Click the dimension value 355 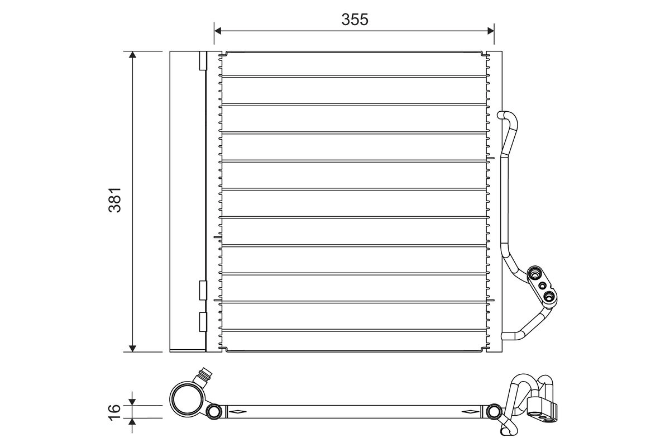(355, 19)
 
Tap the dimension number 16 (115, 410)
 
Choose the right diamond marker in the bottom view (470, 412)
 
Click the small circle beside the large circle (214, 412)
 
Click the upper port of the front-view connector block (534, 274)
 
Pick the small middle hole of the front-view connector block (542, 285)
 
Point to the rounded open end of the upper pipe (501, 115)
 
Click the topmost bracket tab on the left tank (203, 61)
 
